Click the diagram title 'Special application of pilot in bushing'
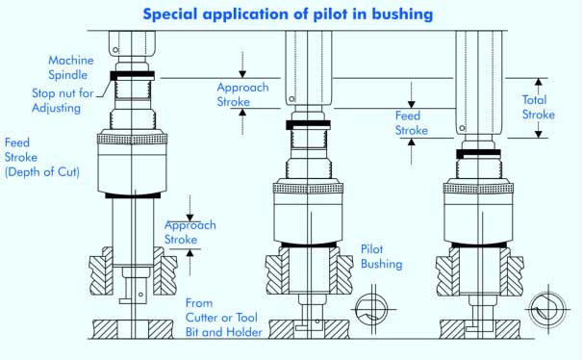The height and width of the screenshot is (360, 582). pyautogui.click(x=288, y=14)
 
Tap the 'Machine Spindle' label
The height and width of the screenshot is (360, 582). pyautogui.click(x=71, y=67)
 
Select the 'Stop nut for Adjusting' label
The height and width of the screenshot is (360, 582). pyautogui.click(x=63, y=100)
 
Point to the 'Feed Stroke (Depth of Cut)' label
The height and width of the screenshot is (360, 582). pyautogui.click(x=42, y=157)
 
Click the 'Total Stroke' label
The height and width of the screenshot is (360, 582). pyautogui.click(x=538, y=107)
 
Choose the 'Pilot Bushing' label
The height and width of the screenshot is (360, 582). pyautogui.click(x=381, y=256)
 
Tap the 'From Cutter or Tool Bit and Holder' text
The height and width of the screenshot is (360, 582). pyautogui.click(x=224, y=318)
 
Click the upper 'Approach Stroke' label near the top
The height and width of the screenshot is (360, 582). pyautogui.click(x=242, y=94)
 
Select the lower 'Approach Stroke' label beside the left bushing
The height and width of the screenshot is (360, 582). pyautogui.click(x=190, y=232)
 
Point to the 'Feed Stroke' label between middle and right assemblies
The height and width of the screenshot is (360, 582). pyautogui.click(x=412, y=123)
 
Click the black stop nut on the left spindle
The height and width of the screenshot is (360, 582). pyautogui.click(x=132, y=76)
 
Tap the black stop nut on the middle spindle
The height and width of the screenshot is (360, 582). pyautogui.click(x=308, y=125)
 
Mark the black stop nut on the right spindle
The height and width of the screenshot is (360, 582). pyautogui.click(x=478, y=154)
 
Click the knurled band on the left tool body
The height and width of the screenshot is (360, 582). pyautogui.click(x=132, y=139)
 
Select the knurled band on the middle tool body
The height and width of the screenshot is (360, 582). pyautogui.click(x=308, y=189)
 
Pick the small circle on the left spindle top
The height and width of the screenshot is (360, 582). pyautogui.click(x=115, y=50)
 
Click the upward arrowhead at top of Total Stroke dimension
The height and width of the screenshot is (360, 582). pyautogui.click(x=538, y=82)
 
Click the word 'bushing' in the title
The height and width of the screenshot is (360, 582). pyautogui.click(x=402, y=14)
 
